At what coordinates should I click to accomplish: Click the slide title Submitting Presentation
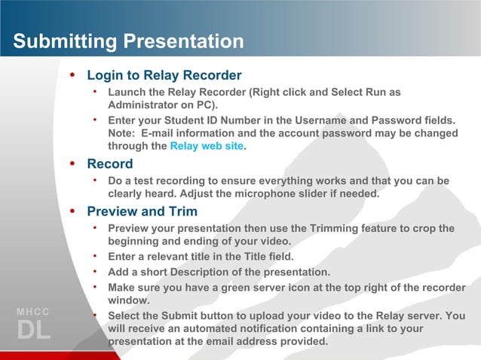128,41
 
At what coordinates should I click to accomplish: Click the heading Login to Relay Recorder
164,75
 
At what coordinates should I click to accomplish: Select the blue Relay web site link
207,146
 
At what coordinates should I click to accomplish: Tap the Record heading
109,163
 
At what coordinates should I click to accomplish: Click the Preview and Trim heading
142,212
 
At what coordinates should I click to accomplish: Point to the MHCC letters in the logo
32,312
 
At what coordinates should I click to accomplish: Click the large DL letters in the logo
33,331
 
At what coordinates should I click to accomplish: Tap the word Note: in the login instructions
123,133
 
